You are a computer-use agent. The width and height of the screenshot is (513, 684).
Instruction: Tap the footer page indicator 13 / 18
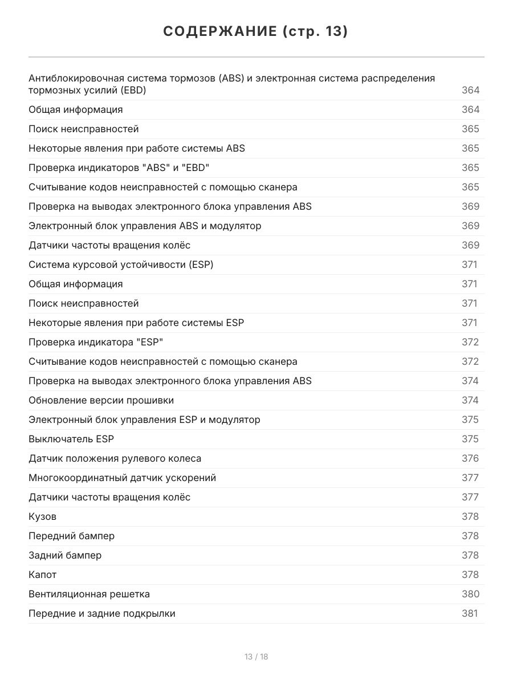256,657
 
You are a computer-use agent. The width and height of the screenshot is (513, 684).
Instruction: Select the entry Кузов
43,516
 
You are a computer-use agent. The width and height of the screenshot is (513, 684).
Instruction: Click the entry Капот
43,575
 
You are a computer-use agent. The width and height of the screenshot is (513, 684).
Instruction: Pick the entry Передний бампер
72,536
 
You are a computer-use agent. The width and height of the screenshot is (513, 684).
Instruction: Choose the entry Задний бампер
65,555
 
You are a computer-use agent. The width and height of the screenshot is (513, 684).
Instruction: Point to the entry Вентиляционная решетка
89,594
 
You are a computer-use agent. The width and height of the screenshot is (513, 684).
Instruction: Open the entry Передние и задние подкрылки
102,613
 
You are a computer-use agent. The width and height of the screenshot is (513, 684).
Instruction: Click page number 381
470,613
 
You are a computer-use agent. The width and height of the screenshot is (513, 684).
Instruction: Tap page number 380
470,594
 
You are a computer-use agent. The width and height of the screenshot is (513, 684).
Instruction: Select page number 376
470,458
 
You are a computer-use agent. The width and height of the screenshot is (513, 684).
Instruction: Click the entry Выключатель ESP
67,439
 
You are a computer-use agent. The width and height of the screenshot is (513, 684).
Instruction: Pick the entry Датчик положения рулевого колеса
115,458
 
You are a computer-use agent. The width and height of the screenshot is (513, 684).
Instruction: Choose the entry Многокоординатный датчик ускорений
123,478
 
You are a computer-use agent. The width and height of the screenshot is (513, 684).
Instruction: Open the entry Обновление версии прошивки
101,400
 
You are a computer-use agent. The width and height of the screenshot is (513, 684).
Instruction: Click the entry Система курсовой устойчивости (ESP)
121,264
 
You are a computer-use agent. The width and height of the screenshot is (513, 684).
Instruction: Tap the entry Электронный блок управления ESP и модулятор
145,420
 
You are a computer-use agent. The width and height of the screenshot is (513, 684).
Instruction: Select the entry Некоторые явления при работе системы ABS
137,148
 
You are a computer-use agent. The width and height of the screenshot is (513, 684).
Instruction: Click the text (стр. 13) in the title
315,31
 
